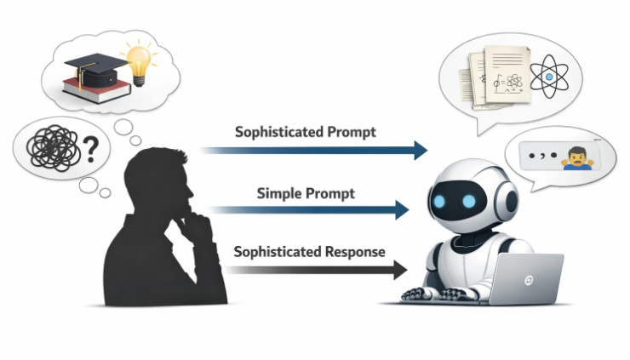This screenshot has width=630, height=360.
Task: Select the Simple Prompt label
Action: (x=306, y=192)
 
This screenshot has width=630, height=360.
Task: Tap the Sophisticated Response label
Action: (x=309, y=252)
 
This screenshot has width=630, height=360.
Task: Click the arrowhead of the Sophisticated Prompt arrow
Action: (x=419, y=151)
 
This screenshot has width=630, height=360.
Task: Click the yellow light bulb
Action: (x=138, y=63)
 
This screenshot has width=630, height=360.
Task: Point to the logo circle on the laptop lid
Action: (x=529, y=281)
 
